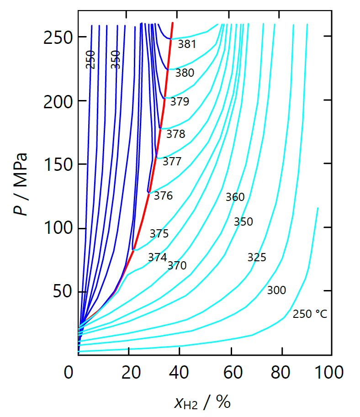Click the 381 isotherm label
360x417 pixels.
(x=187, y=44)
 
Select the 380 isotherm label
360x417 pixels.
(x=185, y=73)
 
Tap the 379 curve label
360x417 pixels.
(x=180, y=101)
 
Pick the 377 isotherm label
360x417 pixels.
(x=172, y=161)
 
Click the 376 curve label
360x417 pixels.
(x=163, y=195)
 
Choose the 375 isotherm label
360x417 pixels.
(x=159, y=233)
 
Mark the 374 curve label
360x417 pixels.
(x=157, y=257)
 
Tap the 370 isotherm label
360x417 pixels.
(x=177, y=265)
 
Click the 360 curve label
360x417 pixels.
(x=235, y=197)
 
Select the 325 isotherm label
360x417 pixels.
(x=257, y=257)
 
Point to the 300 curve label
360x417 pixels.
(x=276, y=290)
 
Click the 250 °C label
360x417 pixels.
(x=310, y=314)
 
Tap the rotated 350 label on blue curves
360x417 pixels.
(x=116, y=60)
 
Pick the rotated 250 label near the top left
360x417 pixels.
(x=91, y=60)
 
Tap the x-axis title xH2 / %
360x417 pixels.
(x=202, y=401)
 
